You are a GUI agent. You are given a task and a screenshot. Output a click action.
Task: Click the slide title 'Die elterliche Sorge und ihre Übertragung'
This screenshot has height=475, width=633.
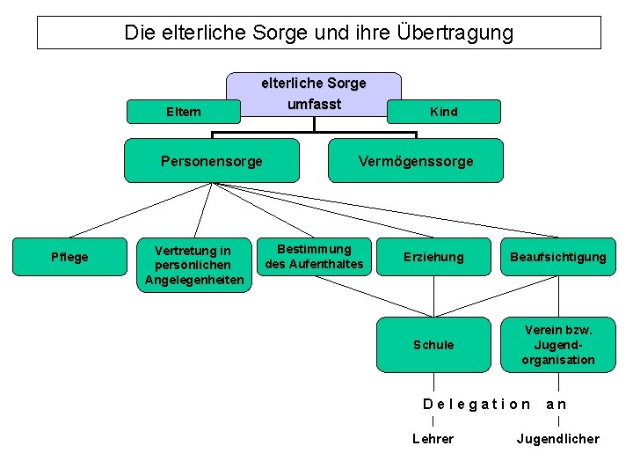(x=318, y=33)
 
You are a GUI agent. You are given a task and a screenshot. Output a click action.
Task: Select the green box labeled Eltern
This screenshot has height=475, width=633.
(x=184, y=112)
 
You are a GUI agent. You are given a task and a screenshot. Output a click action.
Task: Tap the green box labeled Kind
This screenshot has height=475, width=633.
(x=443, y=112)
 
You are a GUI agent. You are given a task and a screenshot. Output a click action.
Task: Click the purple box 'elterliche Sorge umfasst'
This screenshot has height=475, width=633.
(x=314, y=93)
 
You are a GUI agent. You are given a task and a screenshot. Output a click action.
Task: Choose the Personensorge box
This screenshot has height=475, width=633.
(x=211, y=161)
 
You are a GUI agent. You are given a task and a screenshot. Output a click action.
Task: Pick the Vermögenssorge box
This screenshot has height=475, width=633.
(x=416, y=161)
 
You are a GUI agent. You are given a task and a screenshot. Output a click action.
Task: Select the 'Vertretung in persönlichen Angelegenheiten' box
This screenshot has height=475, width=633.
(x=193, y=265)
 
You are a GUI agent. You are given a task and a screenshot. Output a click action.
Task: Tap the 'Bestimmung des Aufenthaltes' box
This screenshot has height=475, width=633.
(x=314, y=256)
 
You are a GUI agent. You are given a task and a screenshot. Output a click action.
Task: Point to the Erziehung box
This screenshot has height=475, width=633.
(x=433, y=257)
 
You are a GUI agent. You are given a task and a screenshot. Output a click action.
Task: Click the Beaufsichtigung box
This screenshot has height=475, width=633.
(x=558, y=257)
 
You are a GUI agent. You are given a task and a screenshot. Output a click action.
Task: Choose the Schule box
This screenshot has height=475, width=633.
(x=433, y=345)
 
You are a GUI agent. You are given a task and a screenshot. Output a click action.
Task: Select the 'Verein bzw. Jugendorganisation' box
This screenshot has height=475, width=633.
(x=558, y=344)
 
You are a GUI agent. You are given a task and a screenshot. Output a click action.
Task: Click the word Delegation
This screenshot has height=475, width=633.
(x=477, y=405)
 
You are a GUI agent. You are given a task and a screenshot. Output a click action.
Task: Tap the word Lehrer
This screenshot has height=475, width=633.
(x=433, y=438)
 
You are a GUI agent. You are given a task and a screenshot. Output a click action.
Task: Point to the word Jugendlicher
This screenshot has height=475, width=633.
(x=557, y=438)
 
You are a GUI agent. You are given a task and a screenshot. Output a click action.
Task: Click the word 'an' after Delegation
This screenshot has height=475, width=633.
(x=557, y=405)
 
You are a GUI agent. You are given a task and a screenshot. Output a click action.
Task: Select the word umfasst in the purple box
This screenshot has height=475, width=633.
(x=314, y=104)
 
